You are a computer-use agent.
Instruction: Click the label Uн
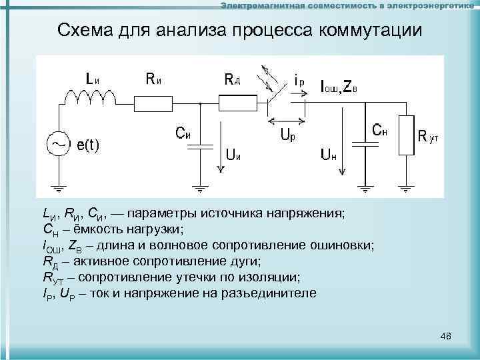click(x=329, y=156)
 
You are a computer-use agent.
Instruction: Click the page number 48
click(x=446, y=336)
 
